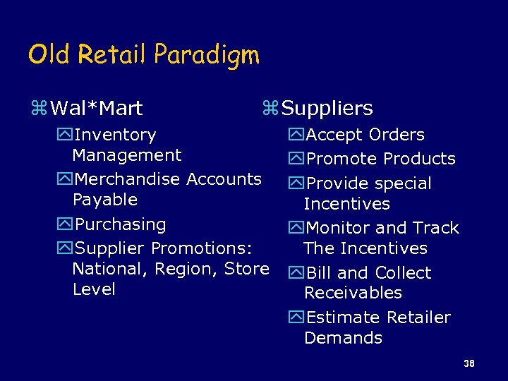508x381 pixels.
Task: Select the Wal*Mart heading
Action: pyautogui.click(x=97, y=108)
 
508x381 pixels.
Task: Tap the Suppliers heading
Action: pyautogui.click(x=327, y=109)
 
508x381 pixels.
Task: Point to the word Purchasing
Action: pyautogui.click(x=120, y=225)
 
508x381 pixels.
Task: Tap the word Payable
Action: pyautogui.click(x=105, y=200)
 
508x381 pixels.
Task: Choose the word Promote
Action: pyautogui.click(x=344, y=159)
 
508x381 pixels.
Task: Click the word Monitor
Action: pyautogui.click(x=341, y=228)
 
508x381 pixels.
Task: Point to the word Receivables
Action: pyautogui.click(x=353, y=293)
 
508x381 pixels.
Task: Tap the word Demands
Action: pyautogui.click(x=343, y=338)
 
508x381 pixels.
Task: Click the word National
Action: pyautogui.click(x=105, y=269)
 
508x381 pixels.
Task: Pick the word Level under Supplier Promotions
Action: pyautogui.click(x=94, y=289)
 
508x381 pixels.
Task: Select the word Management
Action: pyautogui.click(x=127, y=155)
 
